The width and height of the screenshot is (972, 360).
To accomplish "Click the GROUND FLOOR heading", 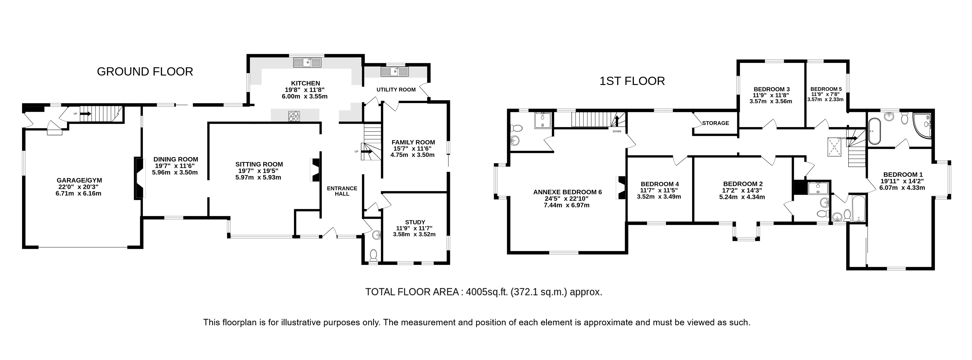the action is [145, 72].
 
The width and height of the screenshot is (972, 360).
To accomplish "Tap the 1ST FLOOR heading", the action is [632, 81].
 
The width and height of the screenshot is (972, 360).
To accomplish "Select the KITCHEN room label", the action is [305, 83].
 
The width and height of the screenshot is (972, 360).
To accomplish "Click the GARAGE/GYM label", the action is [79, 180].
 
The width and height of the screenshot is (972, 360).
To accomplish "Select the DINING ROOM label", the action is [175, 160].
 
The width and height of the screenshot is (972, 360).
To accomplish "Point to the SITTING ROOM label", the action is [259, 164].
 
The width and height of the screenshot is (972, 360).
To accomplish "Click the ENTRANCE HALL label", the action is [341, 191].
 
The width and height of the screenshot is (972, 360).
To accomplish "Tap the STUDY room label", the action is [415, 222].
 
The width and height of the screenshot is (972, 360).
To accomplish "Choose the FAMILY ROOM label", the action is [413, 142].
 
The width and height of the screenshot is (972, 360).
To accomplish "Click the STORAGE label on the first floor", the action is [716, 123].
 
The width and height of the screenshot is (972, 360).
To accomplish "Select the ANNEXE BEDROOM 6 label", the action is [567, 192].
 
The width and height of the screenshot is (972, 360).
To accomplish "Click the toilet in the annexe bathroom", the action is [516, 128].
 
